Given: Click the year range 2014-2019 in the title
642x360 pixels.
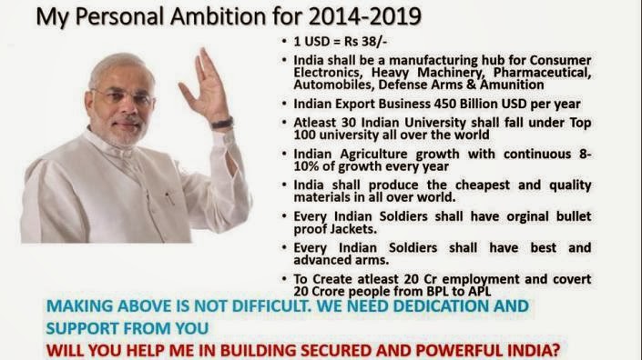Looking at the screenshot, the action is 365,16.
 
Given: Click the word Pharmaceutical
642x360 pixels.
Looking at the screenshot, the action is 542,73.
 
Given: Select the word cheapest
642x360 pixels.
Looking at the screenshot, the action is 483,185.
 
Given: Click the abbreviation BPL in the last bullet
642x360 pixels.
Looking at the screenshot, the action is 440,291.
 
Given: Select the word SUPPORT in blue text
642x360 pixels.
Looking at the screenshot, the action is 82,328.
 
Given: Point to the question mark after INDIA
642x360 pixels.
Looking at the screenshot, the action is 555,350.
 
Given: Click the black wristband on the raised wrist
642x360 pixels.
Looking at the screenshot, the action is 222,123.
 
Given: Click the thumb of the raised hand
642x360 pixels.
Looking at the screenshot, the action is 187,93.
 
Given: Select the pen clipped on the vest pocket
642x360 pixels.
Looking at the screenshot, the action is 169,198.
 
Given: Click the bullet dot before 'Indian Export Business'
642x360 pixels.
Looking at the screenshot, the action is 284,104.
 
